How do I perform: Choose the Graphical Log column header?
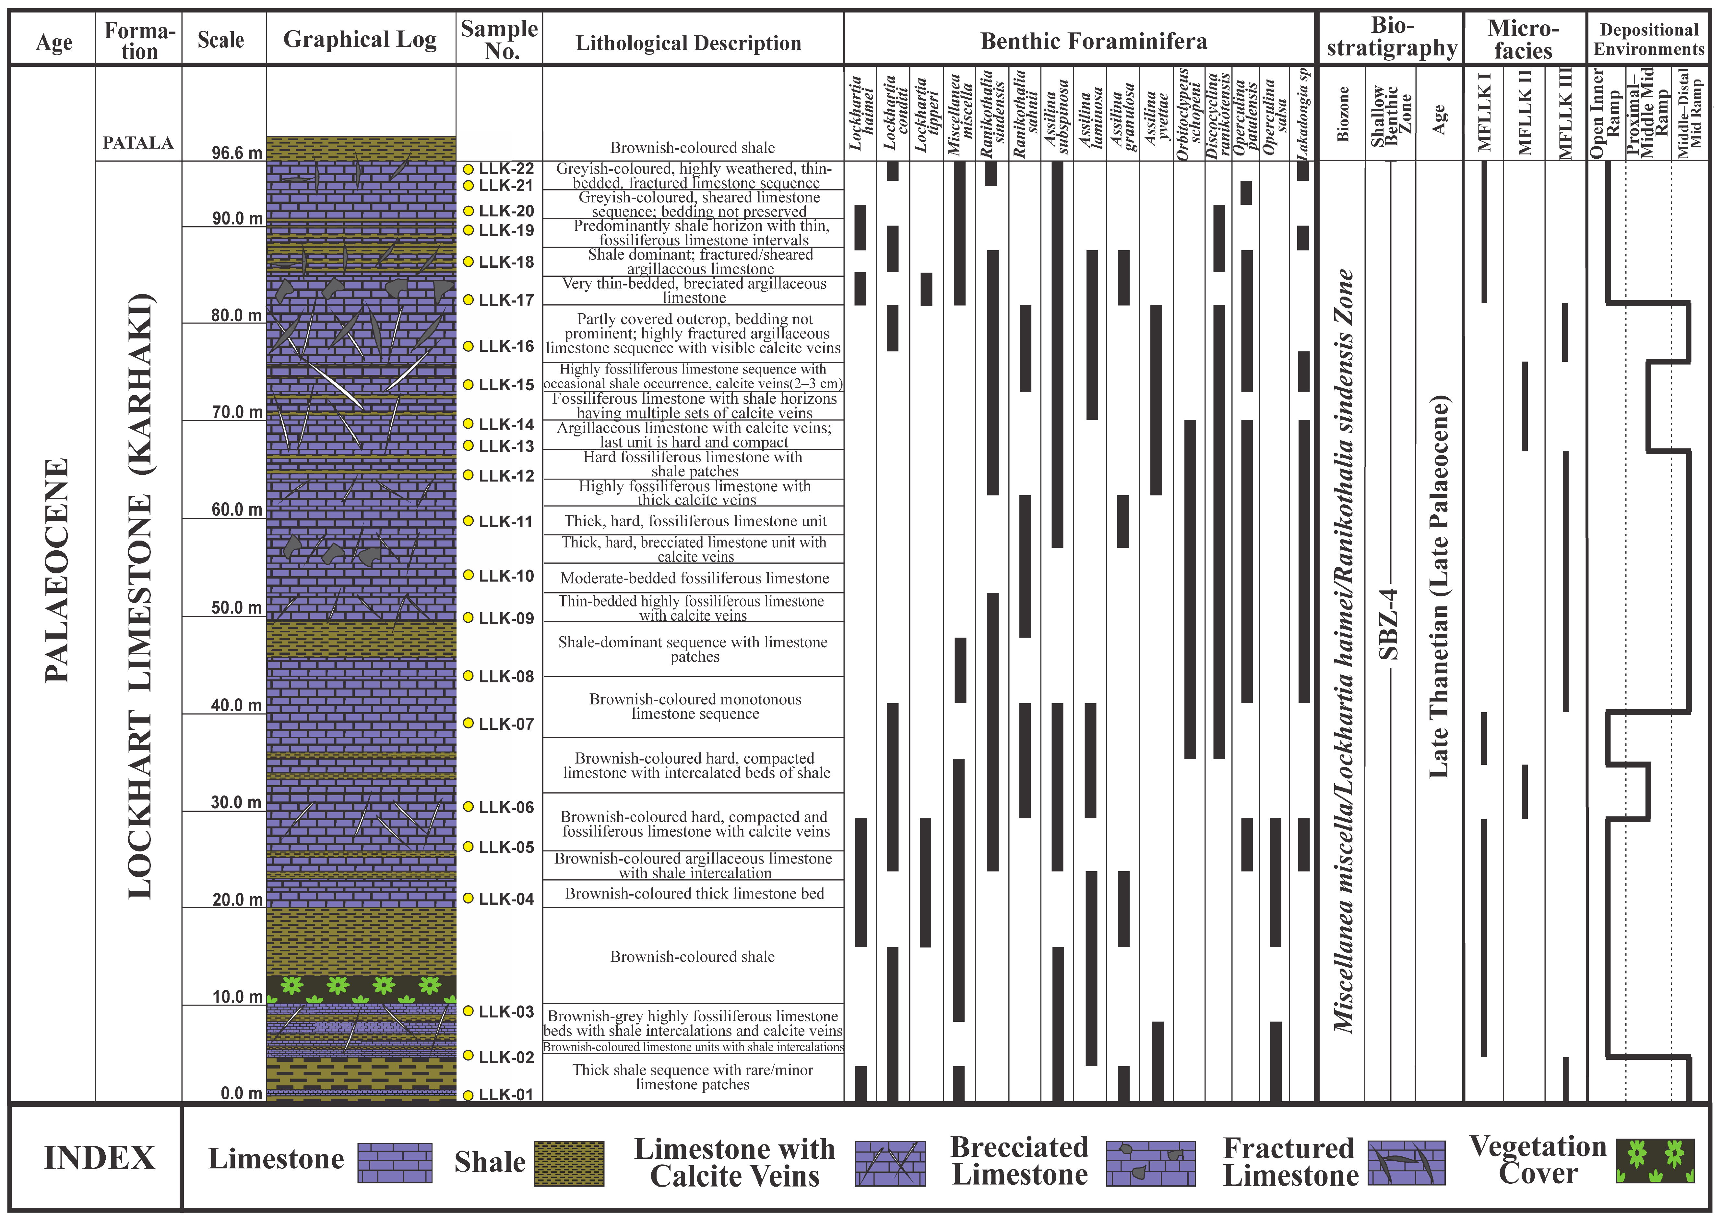(x=360, y=39)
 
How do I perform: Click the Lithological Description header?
(x=688, y=43)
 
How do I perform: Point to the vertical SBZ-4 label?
(x=1390, y=625)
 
